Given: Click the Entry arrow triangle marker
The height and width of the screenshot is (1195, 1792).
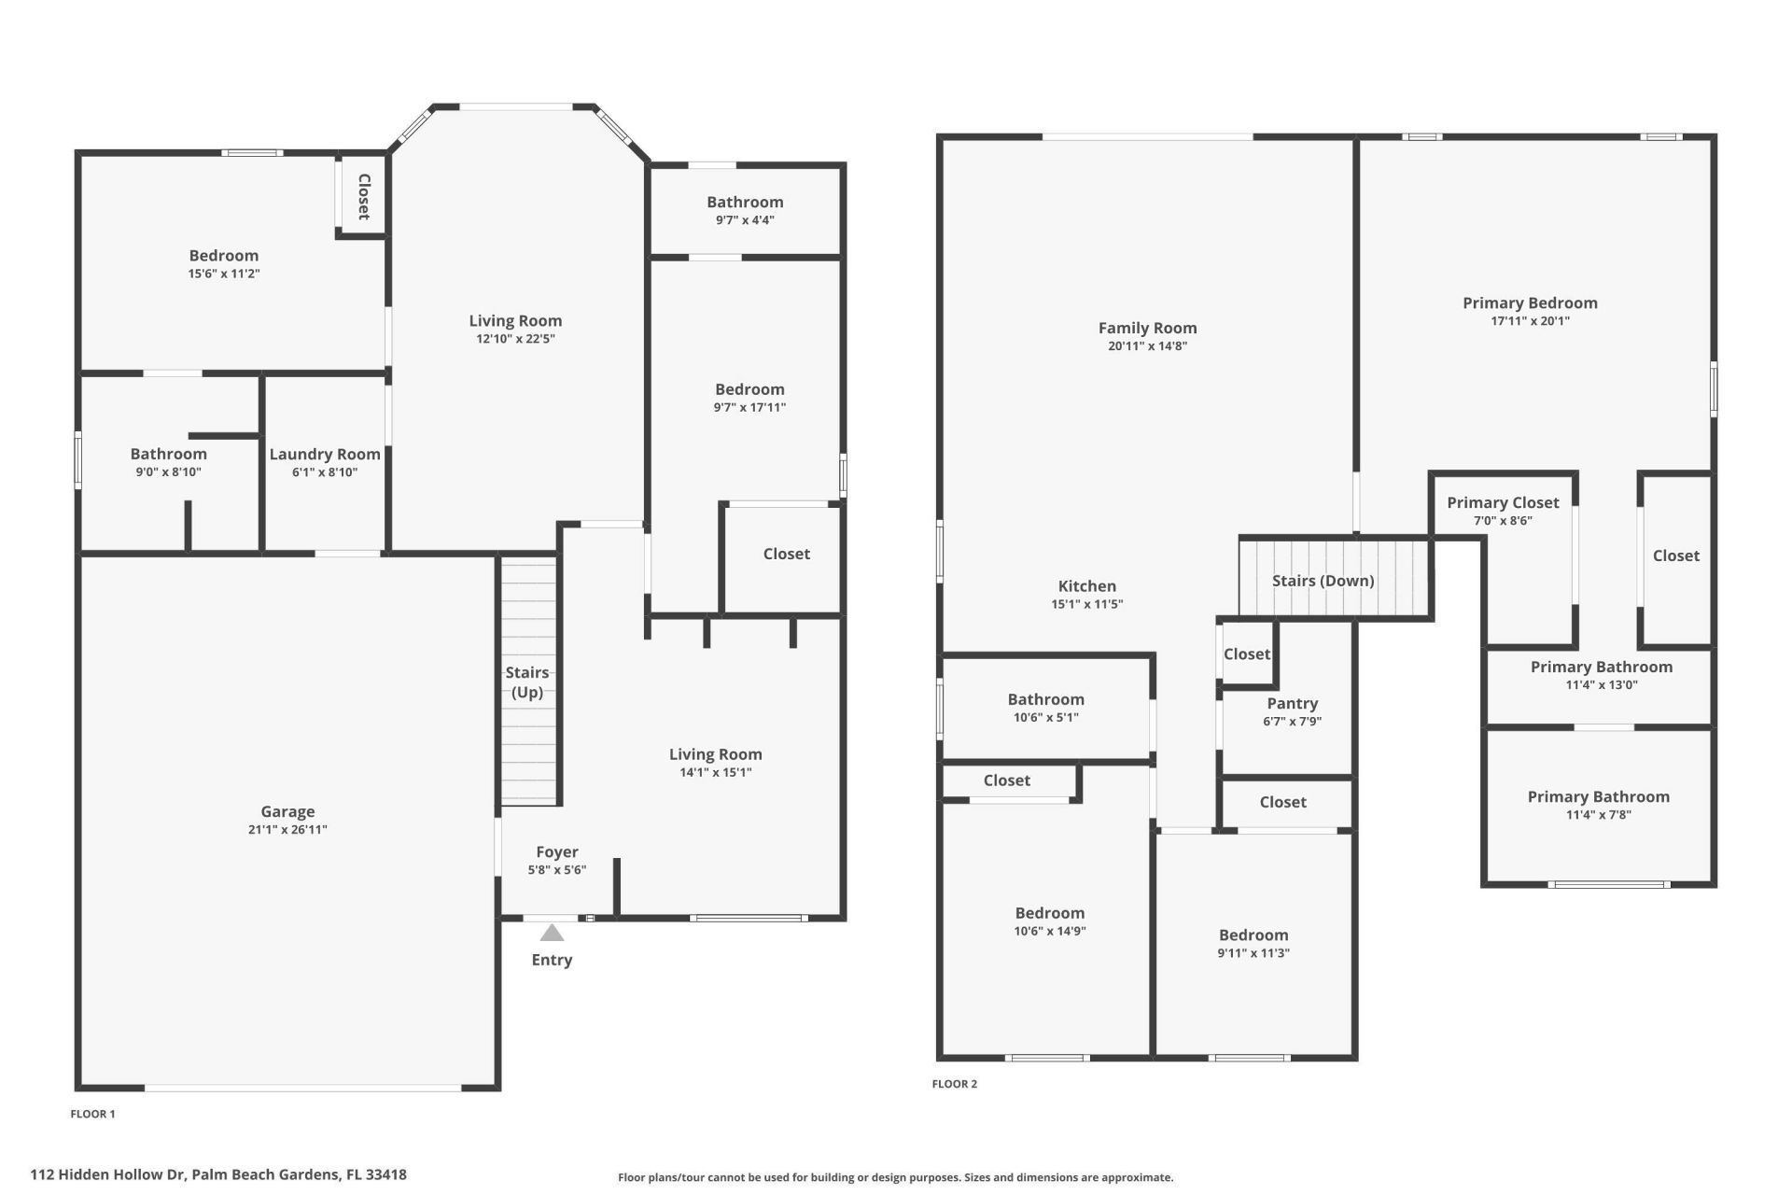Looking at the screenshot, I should tap(552, 933).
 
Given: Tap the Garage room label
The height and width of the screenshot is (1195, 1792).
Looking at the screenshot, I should tap(287, 812).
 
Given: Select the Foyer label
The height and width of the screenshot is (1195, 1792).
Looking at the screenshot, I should tap(557, 851).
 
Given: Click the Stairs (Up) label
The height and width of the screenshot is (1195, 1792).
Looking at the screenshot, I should tap(527, 682).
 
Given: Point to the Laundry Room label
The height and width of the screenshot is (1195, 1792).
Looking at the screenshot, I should tap(325, 455).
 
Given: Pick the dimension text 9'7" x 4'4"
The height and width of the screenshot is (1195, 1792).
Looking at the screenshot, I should tap(745, 220).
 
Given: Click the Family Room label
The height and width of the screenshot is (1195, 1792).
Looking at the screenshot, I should tap(1147, 328).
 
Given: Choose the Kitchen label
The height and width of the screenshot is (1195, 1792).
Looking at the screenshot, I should tap(1086, 586).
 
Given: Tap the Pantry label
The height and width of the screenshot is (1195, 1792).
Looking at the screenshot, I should tap(1292, 704).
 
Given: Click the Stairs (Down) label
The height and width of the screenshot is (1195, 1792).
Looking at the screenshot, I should tap(1323, 581).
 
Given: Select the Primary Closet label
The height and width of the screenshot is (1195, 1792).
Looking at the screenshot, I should tap(1503, 503).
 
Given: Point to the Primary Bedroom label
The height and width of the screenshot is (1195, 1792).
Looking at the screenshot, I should tap(1530, 302).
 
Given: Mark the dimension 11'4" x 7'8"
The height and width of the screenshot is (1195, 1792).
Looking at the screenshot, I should tap(1598, 815).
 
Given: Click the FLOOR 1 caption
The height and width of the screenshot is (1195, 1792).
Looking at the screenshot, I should tap(93, 1114).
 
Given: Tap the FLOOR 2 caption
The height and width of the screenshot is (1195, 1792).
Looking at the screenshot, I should tap(955, 1084).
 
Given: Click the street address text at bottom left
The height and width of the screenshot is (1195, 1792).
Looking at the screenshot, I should tap(218, 1175).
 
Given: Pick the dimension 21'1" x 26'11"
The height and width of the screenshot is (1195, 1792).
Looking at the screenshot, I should tap(287, 830).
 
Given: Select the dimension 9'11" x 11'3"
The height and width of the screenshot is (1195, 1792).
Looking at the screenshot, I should tap(1253, 953).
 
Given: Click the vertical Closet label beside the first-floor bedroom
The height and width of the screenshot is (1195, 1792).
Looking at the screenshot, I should tap(364, 197).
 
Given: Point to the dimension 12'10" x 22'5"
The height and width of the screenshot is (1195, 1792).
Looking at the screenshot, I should tap(515, 339).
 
